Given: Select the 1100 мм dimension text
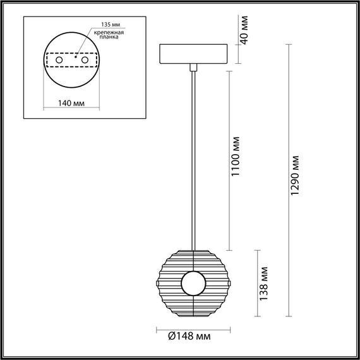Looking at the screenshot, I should click(236, 156).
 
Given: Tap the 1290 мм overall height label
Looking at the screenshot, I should click(296, 178).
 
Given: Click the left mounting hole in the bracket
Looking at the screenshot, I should click(59, 59).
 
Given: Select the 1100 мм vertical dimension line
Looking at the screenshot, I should click(228, 158).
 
